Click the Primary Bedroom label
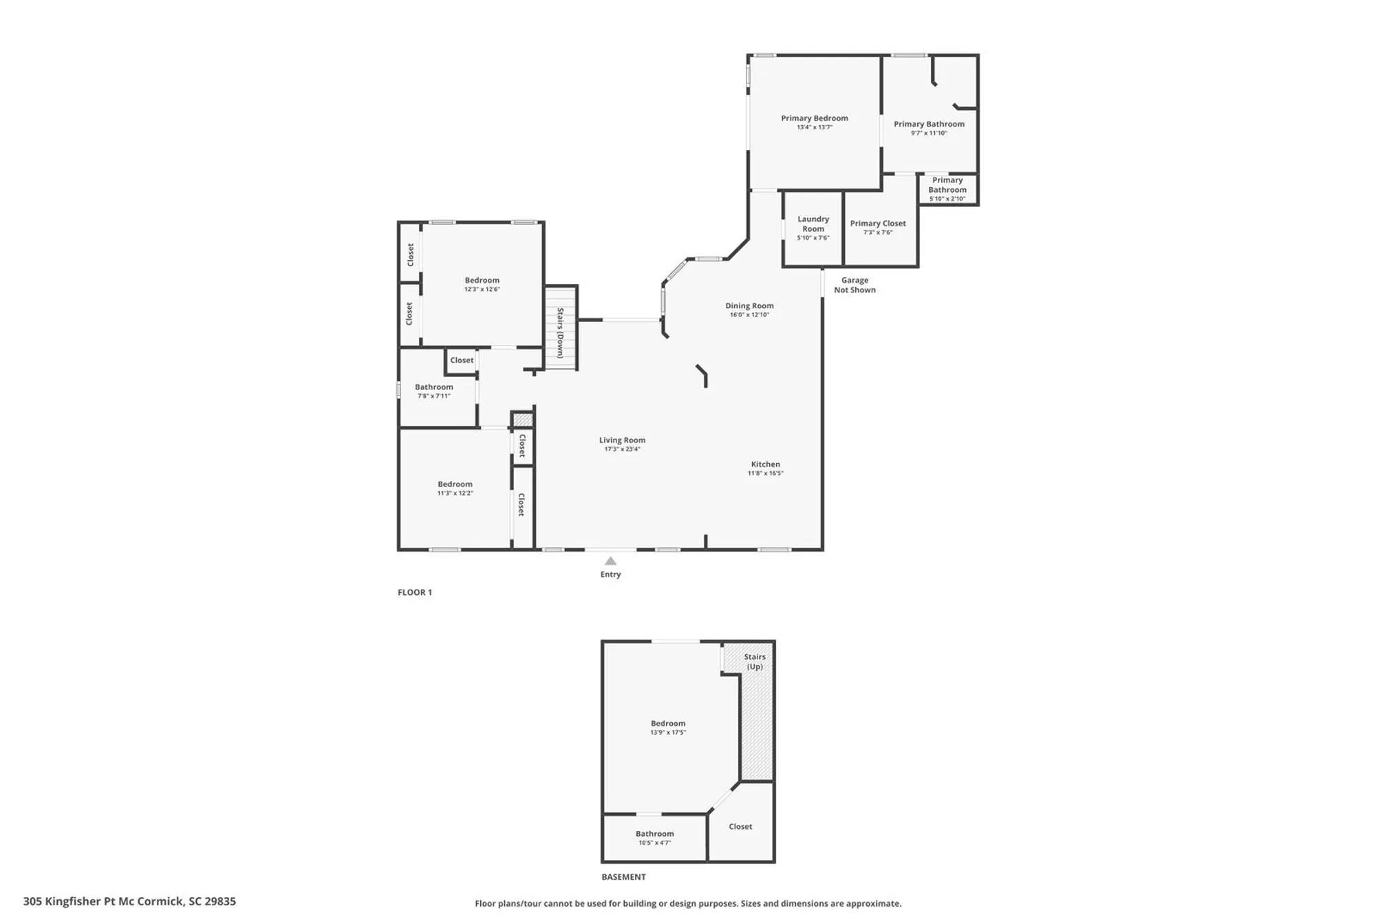814,118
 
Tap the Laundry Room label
813,224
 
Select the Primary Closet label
877,224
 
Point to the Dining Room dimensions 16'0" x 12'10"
749,315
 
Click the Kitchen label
765,464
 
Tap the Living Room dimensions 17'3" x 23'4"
622,449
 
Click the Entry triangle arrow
610,561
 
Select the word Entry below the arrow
610,574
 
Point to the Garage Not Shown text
854,285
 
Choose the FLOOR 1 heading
414,592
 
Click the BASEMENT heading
623,877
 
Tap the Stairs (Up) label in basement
755,662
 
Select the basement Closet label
740,827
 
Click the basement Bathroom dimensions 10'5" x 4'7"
654,843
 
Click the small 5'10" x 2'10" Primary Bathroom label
947,189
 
